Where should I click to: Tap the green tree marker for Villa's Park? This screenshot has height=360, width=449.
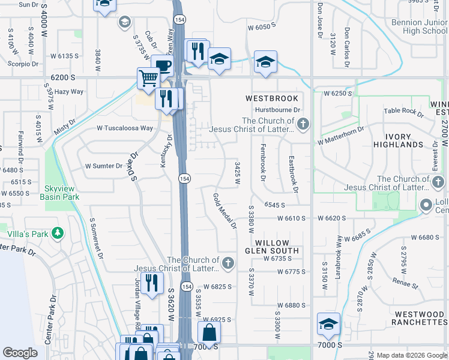[58, 232]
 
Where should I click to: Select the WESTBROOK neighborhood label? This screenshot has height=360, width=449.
[271, 97]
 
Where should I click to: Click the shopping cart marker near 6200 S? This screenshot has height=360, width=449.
[148, 77]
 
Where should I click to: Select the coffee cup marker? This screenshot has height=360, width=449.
[162, 65]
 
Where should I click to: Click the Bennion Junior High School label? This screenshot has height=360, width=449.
[417, 26]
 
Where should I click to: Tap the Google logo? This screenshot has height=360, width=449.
[20, 353]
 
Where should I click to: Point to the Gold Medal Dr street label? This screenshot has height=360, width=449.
[225, 211]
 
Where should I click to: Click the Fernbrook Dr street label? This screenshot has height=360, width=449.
[262, 162]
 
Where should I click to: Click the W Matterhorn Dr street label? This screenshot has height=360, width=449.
[341, 134]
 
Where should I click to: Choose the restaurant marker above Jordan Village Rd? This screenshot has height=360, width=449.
[152, 283]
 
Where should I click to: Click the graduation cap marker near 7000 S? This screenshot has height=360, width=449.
[328, 323]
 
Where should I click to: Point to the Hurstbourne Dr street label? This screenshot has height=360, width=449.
[276, 110]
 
